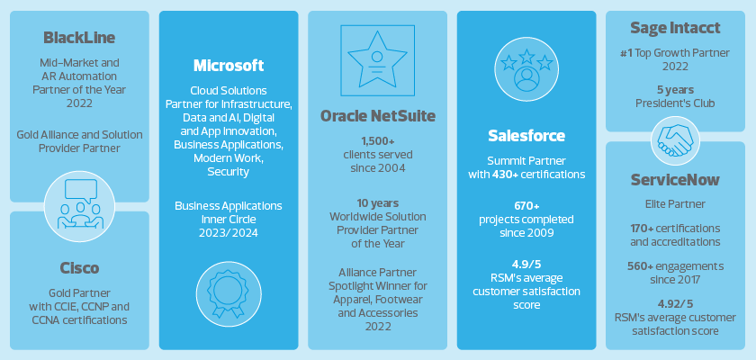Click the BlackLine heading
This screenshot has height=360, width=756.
point(79,38)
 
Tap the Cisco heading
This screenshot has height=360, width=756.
point(79,268)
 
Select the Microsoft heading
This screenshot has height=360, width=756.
point(229,66)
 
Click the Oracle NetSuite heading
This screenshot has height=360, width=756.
point(377,116)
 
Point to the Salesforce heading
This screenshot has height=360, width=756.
point(526,136)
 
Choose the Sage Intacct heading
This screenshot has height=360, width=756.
point(675,28)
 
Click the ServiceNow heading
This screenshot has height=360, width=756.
point(675,180)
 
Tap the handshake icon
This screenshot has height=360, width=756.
point(675,139)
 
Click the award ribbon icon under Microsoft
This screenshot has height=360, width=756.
point(229,293)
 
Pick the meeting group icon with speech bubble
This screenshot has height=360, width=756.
point(79,206)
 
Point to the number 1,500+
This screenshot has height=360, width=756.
point(377,141)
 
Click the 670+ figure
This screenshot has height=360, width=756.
point(526,206)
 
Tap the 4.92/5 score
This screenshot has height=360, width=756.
point(675,304)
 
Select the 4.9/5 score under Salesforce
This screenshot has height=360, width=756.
point(526,265)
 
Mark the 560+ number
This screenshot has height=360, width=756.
point(644,266)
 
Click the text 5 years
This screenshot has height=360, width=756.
point(675,90)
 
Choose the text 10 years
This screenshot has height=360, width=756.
point(377,202)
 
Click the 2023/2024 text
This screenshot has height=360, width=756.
point(229,233)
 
